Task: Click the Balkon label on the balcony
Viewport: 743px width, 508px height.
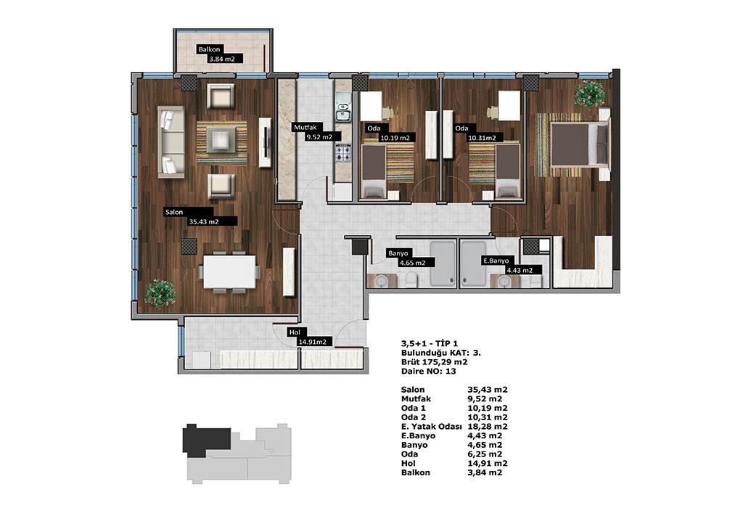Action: (x=209, y=49)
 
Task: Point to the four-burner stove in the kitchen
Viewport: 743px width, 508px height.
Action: (x=342, y=152)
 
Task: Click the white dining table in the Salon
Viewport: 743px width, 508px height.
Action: (x=229, y=271)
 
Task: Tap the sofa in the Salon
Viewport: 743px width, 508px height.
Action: (x=171, y=142)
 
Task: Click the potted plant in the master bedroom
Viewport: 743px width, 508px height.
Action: (x=589, y=94)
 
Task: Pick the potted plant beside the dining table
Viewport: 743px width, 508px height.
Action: (x=159, y=293)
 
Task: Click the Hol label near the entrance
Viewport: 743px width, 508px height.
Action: (x=295, y=332)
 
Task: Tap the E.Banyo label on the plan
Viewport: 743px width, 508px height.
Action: (x=496, y=261)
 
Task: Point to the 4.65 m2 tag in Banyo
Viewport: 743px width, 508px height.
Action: (x=412, y=263)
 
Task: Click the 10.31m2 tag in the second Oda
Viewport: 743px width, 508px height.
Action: (x=483, y=138)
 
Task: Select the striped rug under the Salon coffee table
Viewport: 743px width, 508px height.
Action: (x=222, y=143)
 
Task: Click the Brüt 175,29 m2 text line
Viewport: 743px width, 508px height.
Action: (x=434, y=362)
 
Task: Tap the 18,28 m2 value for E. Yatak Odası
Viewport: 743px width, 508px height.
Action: (x=488, y=427)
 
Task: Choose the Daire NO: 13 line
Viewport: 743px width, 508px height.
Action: (x=428, y=371)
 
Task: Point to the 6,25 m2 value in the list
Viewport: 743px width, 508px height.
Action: (x=485, y=454)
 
